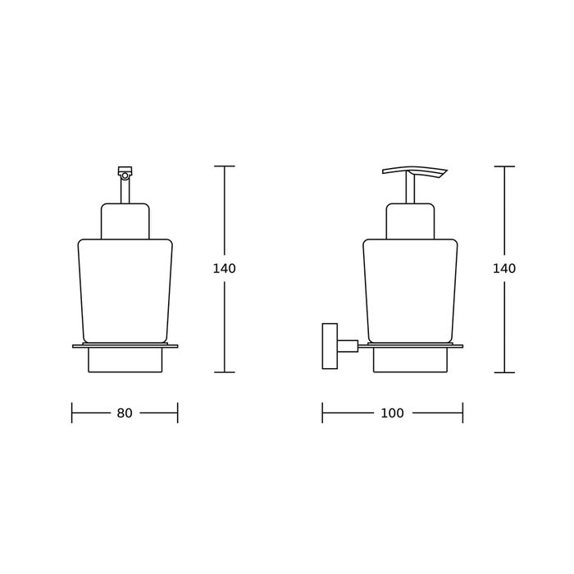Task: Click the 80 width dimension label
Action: (125, 413)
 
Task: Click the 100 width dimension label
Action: (392, 413)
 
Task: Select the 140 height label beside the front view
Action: (225, 269)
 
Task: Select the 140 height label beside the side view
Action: (504, 269)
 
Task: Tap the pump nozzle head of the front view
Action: (125, 172)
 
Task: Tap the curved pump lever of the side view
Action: (415, 171)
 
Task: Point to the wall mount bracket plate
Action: (330, 346)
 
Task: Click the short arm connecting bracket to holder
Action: (348, 345)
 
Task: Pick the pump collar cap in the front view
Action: (125, 221)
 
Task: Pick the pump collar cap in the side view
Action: (410, 221)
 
